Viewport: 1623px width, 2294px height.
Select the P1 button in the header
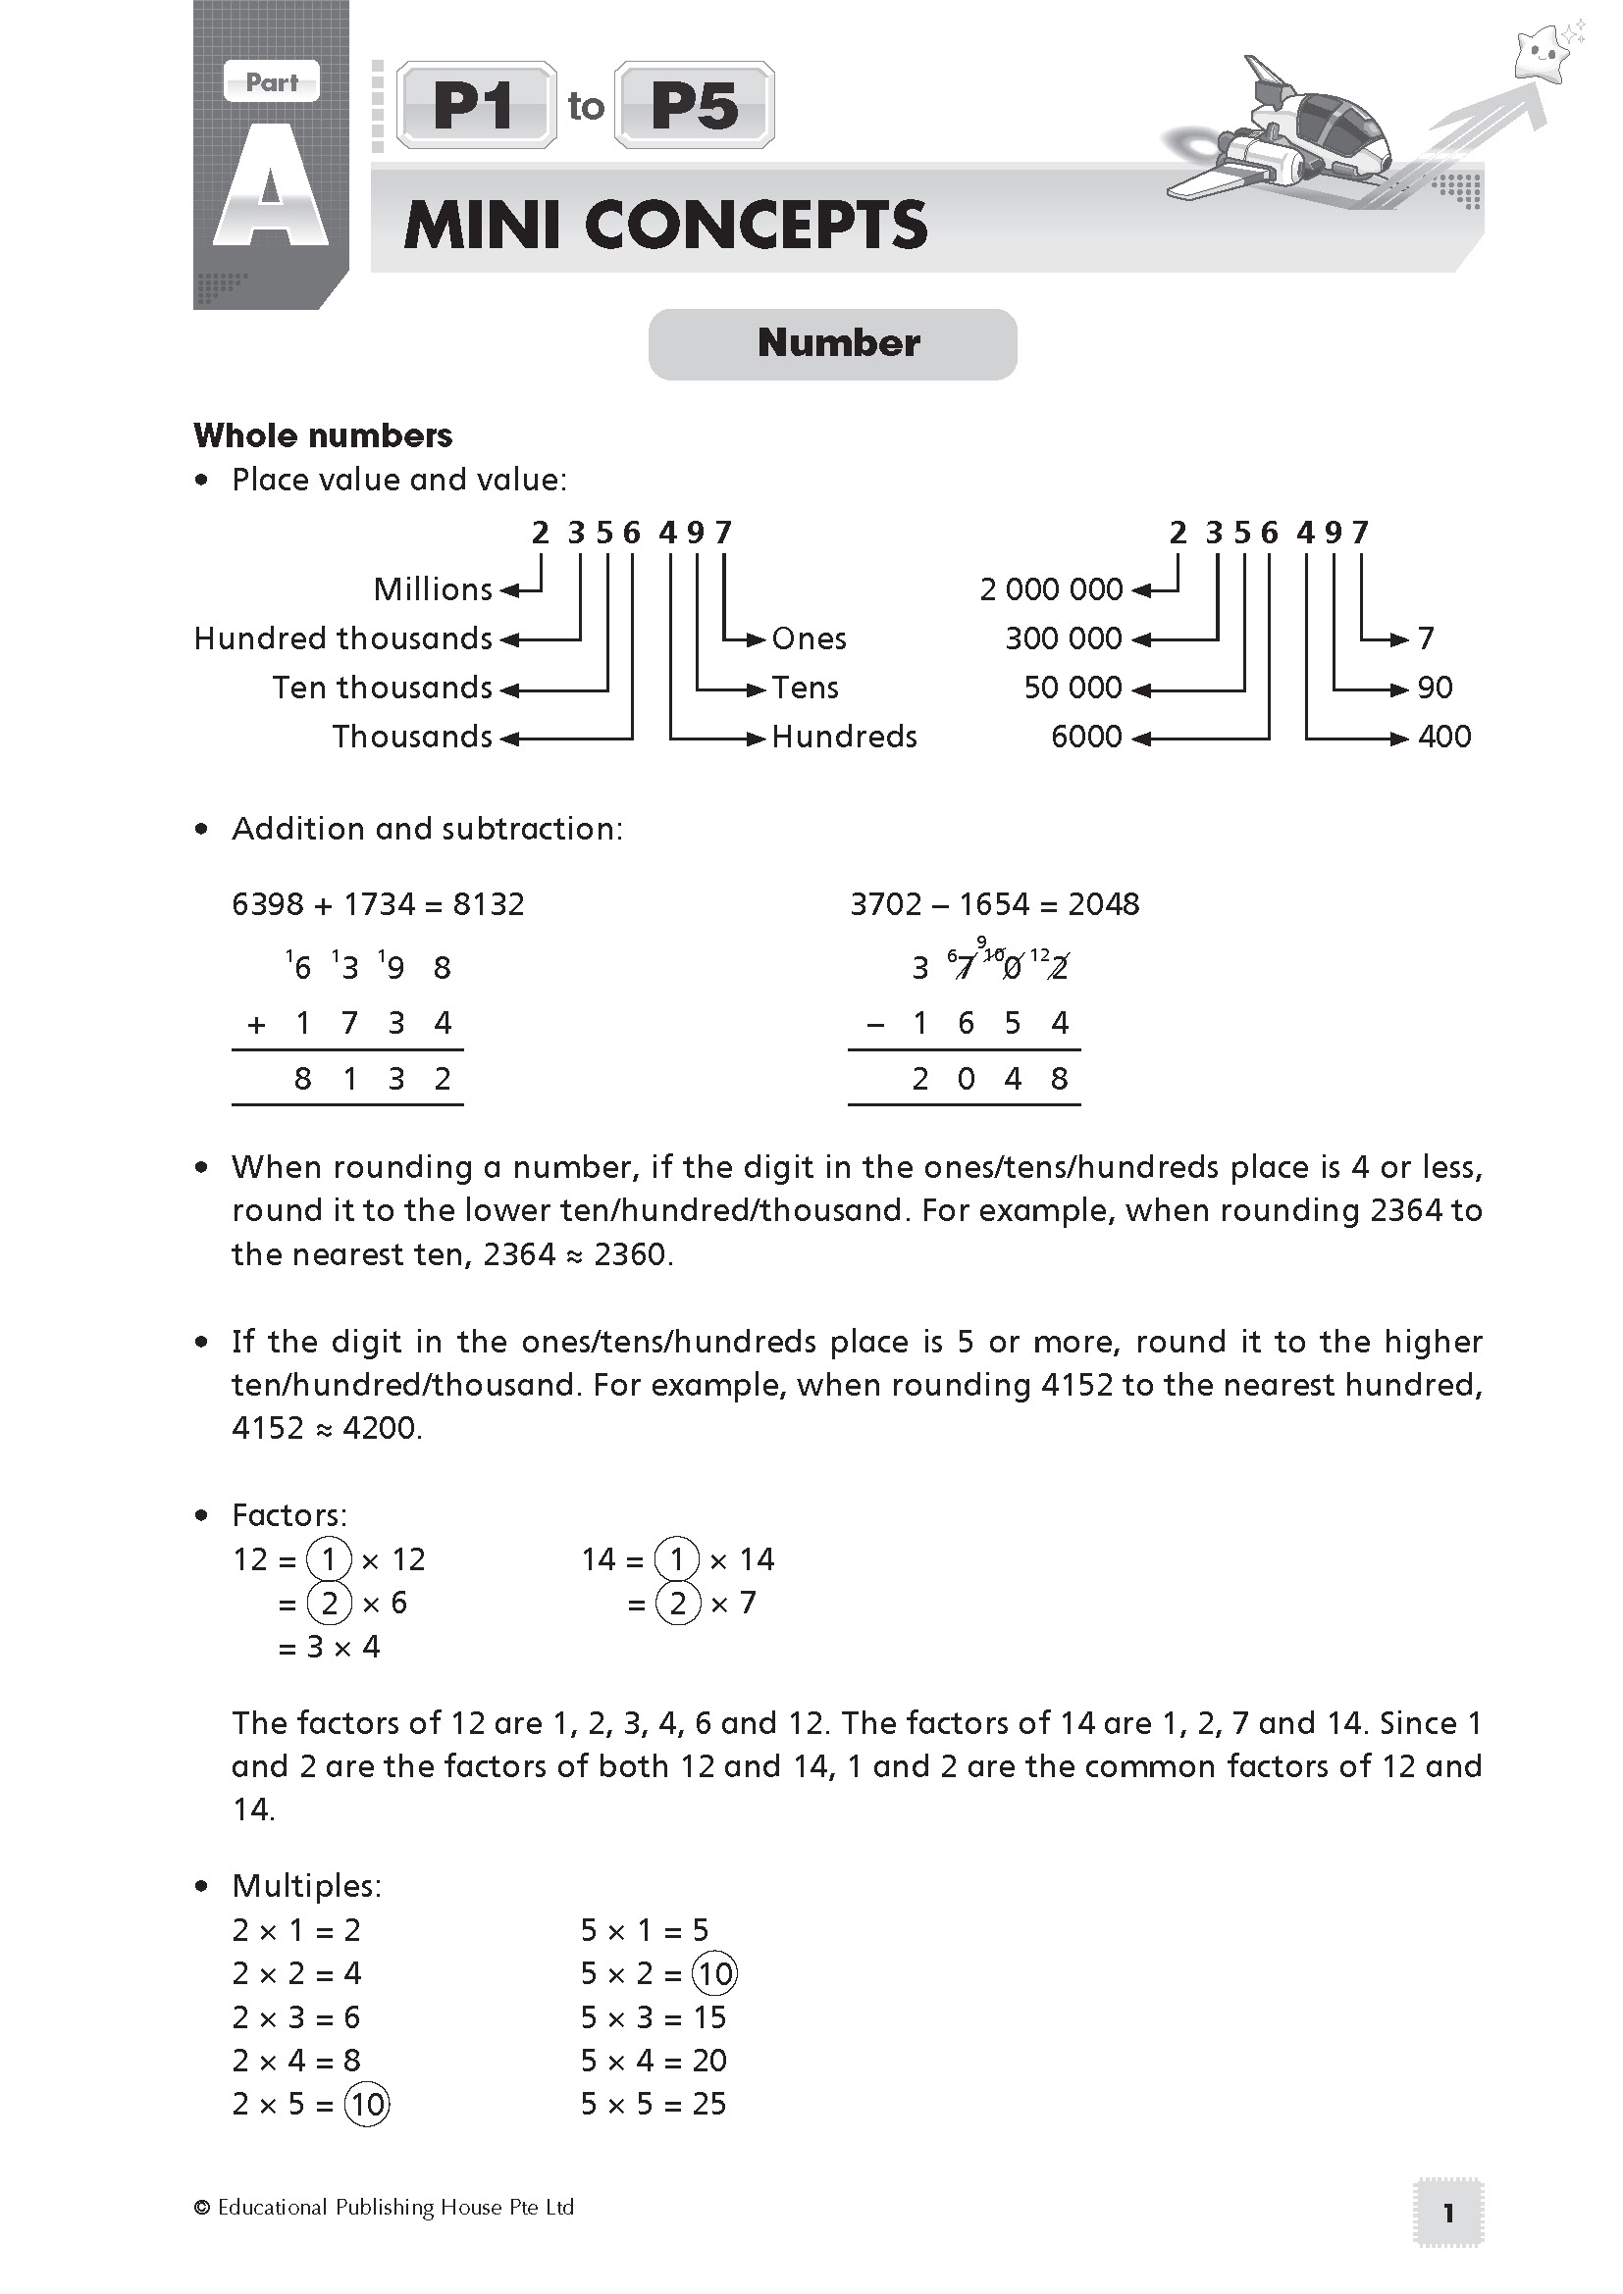tap(476, 106)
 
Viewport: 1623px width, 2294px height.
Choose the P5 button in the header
tap(695, 106)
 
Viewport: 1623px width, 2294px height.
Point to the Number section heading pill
tap(832, 343)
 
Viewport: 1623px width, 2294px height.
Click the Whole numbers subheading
tap(323, 435)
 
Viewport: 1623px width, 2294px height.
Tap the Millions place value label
tap(433, 589)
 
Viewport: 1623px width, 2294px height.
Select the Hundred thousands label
tap(342, 638)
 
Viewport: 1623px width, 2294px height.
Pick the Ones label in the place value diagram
tap(809, 638)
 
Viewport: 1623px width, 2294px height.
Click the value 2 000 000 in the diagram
tap(1051, 589)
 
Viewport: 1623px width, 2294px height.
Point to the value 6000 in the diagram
tap(1086, 738)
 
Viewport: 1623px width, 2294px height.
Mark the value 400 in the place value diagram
tap(1444, 738)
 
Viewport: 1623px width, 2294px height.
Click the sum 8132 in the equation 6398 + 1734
tap(489, 904)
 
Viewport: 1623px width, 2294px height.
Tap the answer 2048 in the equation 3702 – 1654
tap(1103, 904)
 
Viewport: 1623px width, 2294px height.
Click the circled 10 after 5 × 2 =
tap(715, 1974)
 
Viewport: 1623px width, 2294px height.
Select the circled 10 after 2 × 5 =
tap(367, 2105)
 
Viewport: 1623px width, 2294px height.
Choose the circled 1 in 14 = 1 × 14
tap(678, 1559)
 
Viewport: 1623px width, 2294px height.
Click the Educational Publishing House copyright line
tap(385, 2207)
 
